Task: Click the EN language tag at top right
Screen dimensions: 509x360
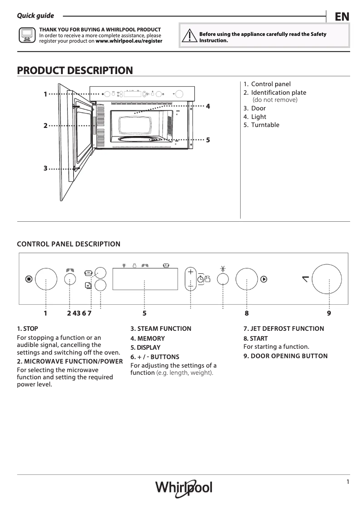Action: pyautogui.click(x=342, y=17)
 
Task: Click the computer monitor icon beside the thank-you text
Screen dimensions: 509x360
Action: pyautogui.click(x=26, y=35)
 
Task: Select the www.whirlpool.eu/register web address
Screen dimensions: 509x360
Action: pyautogui.click(x=129, y=41)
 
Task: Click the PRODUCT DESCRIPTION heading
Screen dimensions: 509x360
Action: pyautogui.click(x=75, y=70)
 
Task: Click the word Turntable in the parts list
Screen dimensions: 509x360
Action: pyautogui.click(x=265, y=125)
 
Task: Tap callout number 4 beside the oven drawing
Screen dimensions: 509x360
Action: pyautogui.click(x=208, y=106)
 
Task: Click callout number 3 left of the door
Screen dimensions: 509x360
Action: pyautogui.click(x=45, y=168)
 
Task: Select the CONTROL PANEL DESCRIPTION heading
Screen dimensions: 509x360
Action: pyautogui.click(x=68, y=244)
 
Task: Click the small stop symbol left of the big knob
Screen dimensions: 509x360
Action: pyautogui.click(x=29, y=279)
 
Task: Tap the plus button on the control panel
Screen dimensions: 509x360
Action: pyautogui.click(x=190, y=272)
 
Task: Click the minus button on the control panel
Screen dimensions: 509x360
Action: pyautogui.click(x=190, y=285)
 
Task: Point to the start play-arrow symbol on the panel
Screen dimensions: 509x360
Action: pyautogui.click(x=264, y=279)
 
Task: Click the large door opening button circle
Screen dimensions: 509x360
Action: pyautogui.click(x=329, y=279)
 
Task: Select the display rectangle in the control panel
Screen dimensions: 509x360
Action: pyautogui.click(x=144, y=279)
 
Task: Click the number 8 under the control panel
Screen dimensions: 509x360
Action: pyautogui.click(x=246, y=313)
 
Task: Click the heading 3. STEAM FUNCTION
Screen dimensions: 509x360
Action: pyautogui.click(x=161, y=329)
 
